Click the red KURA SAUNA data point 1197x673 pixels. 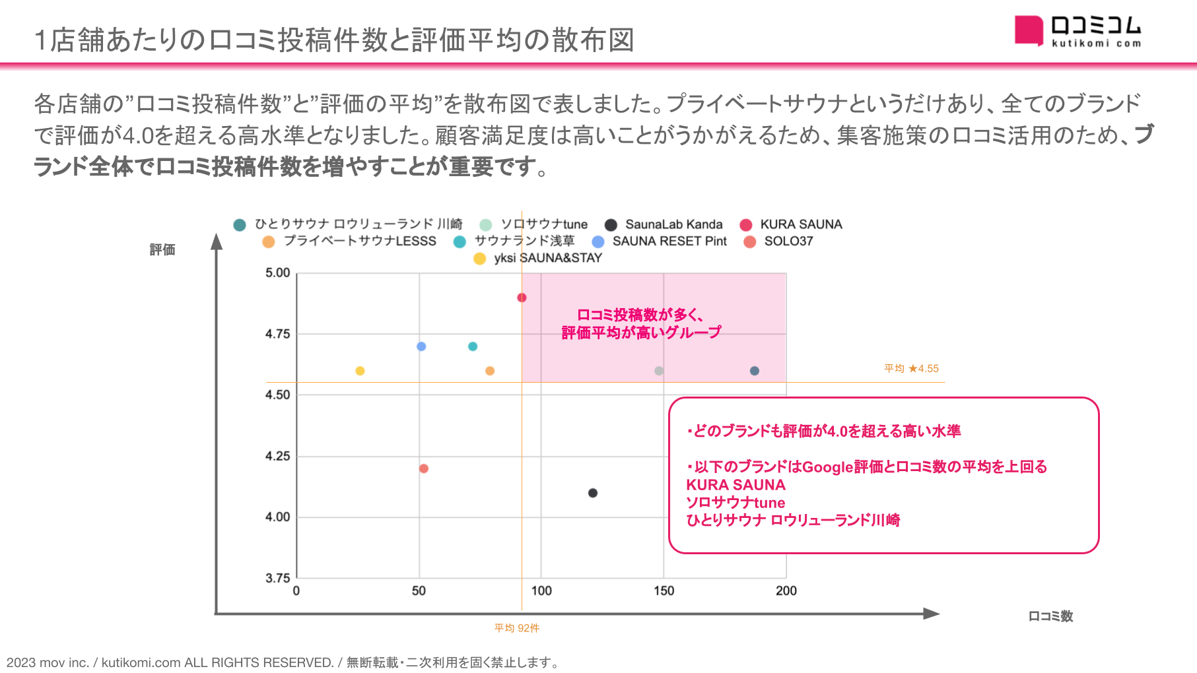[x=522, y=298]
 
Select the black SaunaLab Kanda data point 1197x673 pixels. [x=593, y=493]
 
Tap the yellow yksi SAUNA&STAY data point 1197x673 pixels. [x=360, y=371]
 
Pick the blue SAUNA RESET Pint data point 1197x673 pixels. [x=421, y=346]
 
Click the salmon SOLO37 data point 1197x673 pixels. [x=424, y=468]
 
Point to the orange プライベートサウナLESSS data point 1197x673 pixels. [x=490, y=371]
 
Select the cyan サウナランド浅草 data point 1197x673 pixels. [x=473, y=346]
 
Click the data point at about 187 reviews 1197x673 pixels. [x=755, y=371]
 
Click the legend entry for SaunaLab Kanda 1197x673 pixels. [x=666, y=224]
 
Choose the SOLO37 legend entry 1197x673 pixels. [x=780, y=241]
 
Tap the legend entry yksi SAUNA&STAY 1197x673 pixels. [x=539, y=258]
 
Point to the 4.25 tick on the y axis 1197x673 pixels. [x=277, y=456]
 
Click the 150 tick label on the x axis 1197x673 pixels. [x=664, y=591]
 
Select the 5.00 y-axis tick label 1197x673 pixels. [x=277, y=272]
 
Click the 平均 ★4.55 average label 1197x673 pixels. [x=911, y=368]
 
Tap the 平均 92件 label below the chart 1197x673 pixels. [x=517, y=628]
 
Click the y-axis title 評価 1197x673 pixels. [x=162, y=249]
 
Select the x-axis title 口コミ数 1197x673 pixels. [x=1050, y=616]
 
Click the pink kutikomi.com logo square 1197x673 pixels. [x=1029, y=30]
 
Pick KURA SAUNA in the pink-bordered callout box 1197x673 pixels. [x=735, y=485]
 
